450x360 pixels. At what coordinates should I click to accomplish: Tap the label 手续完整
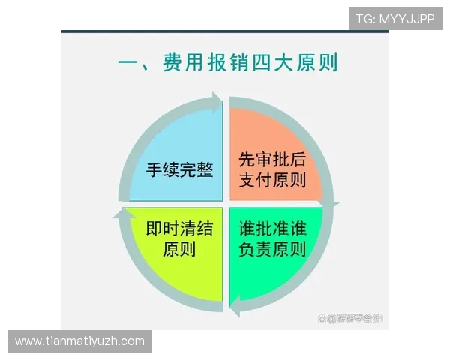click(x=180, y=169)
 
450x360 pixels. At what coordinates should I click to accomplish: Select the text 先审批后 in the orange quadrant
click(x=271, y=160)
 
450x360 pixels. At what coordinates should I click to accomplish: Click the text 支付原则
click(x=271, y=180)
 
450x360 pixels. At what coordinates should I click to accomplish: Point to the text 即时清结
click(x=179, y=228)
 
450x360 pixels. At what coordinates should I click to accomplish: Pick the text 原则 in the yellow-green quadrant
click(x=179, y=249)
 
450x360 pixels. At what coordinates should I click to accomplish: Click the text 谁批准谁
click(x=272, y=228)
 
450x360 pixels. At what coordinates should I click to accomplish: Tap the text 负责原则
click(x=272, y=249)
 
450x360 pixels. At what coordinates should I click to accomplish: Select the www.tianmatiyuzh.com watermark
click(x=80, y=341)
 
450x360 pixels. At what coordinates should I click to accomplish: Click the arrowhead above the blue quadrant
click(x=217, y=100)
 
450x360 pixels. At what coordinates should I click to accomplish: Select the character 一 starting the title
click(x=130, y=63)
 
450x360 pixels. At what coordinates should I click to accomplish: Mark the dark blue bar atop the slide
click(x=225, y=31)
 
